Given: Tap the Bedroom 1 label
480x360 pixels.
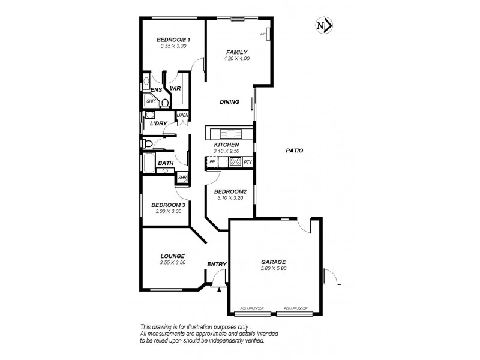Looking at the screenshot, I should tap(169, 40).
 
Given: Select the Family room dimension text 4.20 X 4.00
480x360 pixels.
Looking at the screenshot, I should tap(236, 59).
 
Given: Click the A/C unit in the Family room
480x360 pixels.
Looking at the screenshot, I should tap(268, 35).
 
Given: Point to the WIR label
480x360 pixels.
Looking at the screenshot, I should tap(175, 88).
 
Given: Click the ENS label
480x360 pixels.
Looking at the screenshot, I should tap(155, 89).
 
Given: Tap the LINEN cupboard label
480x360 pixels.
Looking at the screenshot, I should tap(182, 115).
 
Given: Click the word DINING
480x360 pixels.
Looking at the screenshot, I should tap(229, 102).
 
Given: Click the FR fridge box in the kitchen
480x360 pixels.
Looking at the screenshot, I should tap(212, 161).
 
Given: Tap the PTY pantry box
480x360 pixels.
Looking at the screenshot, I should tap(248, 161).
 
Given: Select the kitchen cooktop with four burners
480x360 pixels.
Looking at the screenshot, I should tap(235, 161).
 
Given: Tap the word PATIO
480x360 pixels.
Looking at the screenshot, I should tap(294, 151).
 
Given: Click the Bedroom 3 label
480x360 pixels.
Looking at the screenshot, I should tap(168, 205).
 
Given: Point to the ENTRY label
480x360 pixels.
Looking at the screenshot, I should tap(216, 265).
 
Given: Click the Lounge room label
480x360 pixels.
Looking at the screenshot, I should tap(172, 256).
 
